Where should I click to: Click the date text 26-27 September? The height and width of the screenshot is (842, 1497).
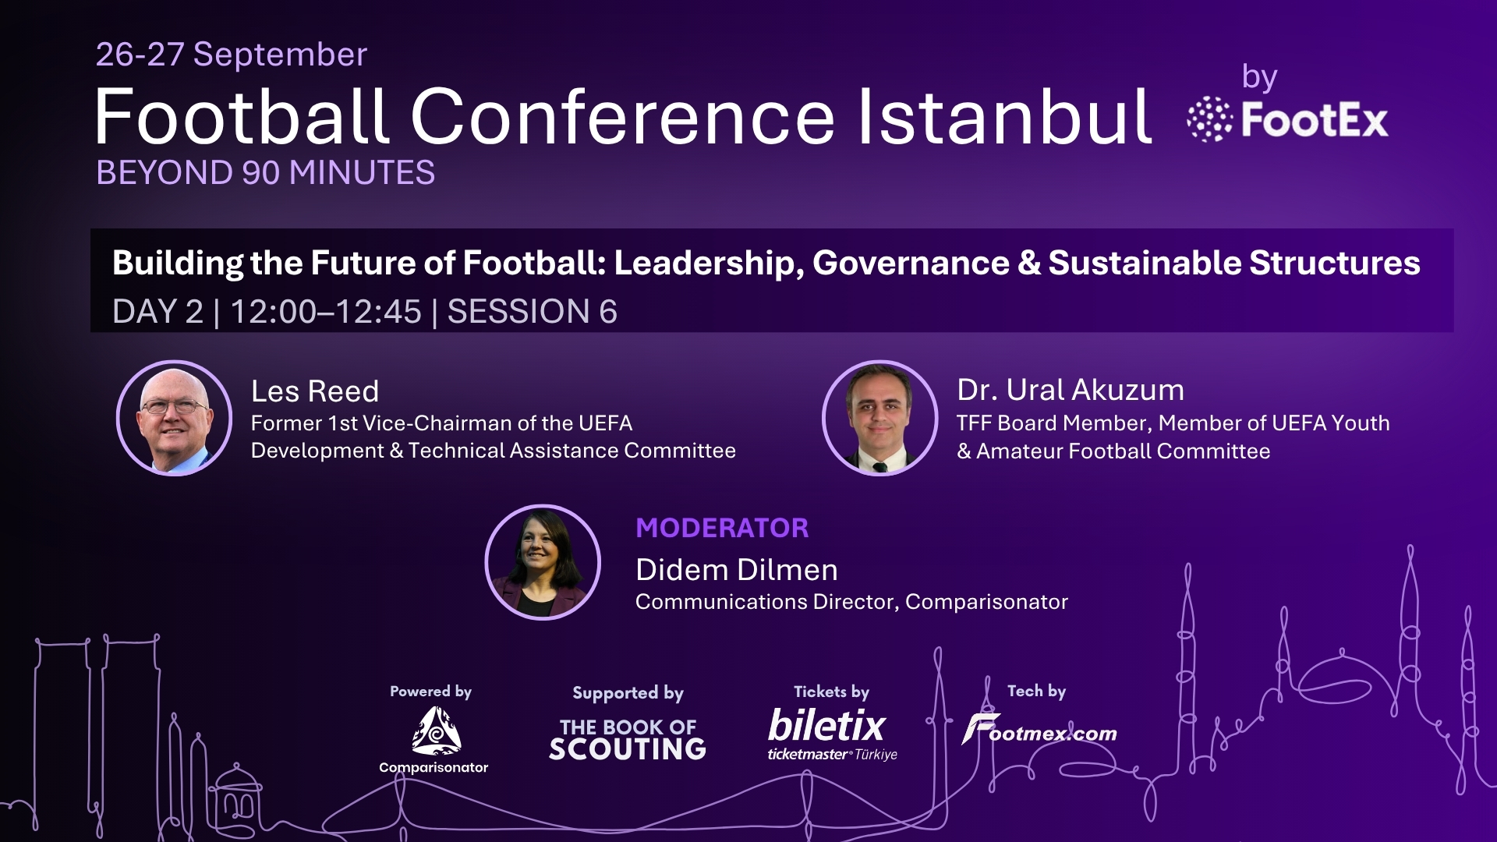pos(232,55)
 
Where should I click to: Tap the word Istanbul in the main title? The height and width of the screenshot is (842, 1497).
pos(1004,117)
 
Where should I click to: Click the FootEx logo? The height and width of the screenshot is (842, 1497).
pos(1287,120)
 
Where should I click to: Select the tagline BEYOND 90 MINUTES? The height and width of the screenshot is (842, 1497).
pos(265,173)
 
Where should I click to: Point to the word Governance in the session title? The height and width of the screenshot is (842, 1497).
pos(911,264)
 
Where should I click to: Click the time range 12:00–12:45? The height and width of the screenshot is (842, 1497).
pos(326,312)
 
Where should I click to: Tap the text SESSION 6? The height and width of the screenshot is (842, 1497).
pos(532,312)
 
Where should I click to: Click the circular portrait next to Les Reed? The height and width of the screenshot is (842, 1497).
pos(174,418)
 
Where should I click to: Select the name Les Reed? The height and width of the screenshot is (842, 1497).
pos(315,391)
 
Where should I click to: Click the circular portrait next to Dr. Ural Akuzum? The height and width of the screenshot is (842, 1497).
pos(880,418)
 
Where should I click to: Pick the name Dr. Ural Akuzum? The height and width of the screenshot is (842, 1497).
pos(1071,390)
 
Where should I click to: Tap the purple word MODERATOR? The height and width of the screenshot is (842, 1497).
pos(722,528)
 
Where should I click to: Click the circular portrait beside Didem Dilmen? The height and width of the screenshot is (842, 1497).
pos(543,562)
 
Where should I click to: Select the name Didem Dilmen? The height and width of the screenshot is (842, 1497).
pos(737,570)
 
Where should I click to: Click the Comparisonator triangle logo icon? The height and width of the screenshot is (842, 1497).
pos(436,731)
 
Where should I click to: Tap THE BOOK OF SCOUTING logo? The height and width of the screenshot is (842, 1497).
pos(628,739)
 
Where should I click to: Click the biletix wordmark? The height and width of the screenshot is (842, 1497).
pos(827,726)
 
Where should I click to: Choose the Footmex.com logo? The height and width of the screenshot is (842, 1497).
pos(1039,731)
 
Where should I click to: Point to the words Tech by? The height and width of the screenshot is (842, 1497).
pos(1036,691)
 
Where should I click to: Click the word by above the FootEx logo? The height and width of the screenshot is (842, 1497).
pos(1259,78)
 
